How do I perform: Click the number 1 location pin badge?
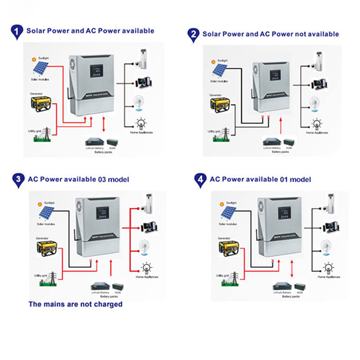17,31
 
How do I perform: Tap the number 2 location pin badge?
193,34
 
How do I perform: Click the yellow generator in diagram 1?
42,103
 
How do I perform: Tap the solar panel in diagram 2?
219,72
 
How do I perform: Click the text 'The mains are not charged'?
75,304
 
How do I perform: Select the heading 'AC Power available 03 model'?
78,179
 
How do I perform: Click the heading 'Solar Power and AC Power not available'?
271,34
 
